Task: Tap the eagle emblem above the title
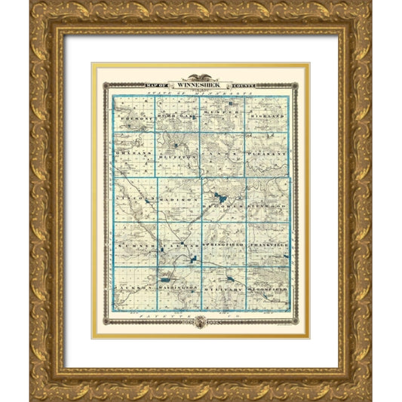pyautogui.click(x=201, y=78)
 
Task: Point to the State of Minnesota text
pyautogui.click(x=201, y=93)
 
